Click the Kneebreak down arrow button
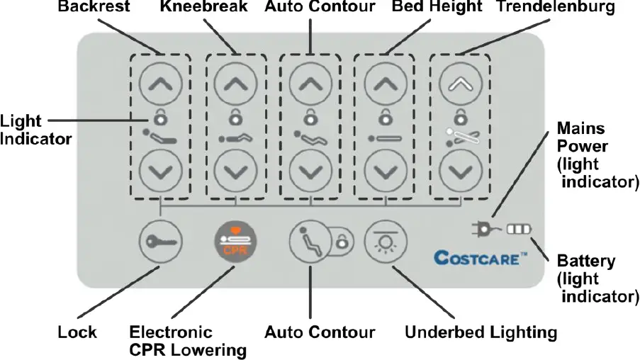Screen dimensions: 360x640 tap(234, 171)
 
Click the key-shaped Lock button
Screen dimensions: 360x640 tap(159, 242)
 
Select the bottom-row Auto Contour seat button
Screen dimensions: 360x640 tap(309, 242)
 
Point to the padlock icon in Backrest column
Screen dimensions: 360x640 tap(159, 116)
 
